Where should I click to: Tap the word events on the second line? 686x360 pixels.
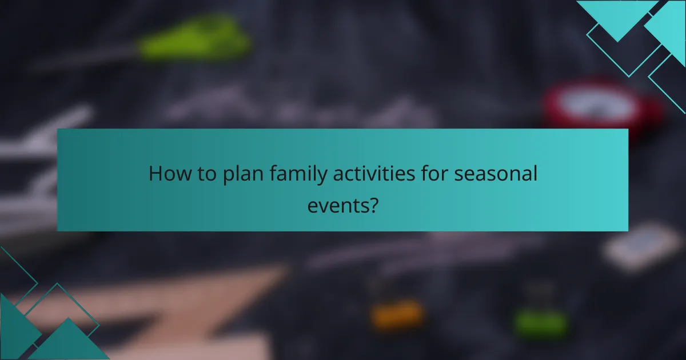coord(337,204)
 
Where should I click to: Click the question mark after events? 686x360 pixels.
coord(373,204)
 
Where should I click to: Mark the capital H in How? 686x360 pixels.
coord(155,174)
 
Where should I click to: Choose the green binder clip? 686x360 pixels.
coord(540,321)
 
